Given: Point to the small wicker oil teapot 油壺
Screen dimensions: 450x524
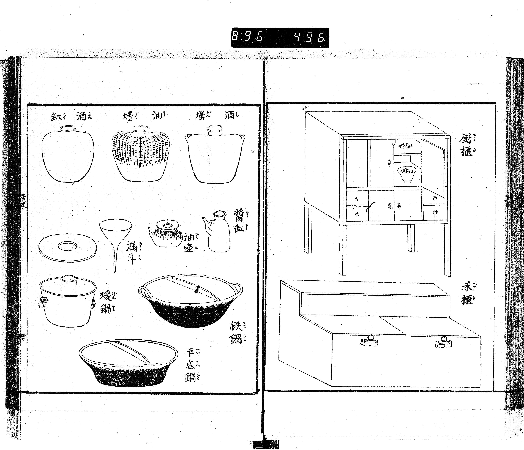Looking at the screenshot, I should [x=166, y=235].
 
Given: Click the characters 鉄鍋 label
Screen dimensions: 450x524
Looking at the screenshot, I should [x=236, y=332].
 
